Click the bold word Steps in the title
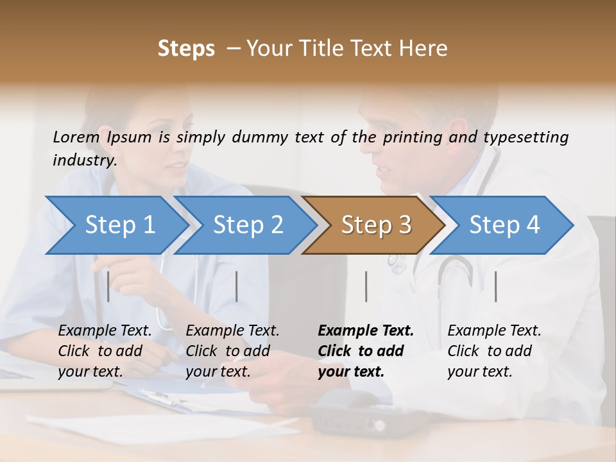[x=186, y=49]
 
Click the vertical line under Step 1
[x=108, y=286]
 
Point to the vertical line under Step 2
[x=237, y=286]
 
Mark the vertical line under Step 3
[x=366, y=286]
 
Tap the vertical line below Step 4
[x=496, y=286]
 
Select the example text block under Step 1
[x=105, y=350]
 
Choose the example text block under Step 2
[x=232, y=350]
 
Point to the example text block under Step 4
[x=494, y=350]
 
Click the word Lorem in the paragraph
[x=76, y=137]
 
